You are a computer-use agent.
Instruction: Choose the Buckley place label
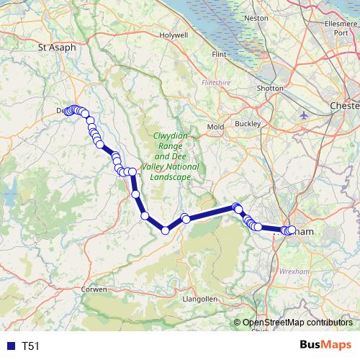(x=247, y=123)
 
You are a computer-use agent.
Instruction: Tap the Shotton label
(x=270, y=88)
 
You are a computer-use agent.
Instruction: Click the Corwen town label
(x=94, y=289)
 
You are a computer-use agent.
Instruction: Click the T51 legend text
(x=30, y=346)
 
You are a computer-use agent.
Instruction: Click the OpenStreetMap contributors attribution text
(x=297, y=323)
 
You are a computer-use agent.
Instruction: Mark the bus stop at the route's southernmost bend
(x=165, y=230)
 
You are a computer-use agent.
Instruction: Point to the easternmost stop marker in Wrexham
(x=292, y=230)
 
